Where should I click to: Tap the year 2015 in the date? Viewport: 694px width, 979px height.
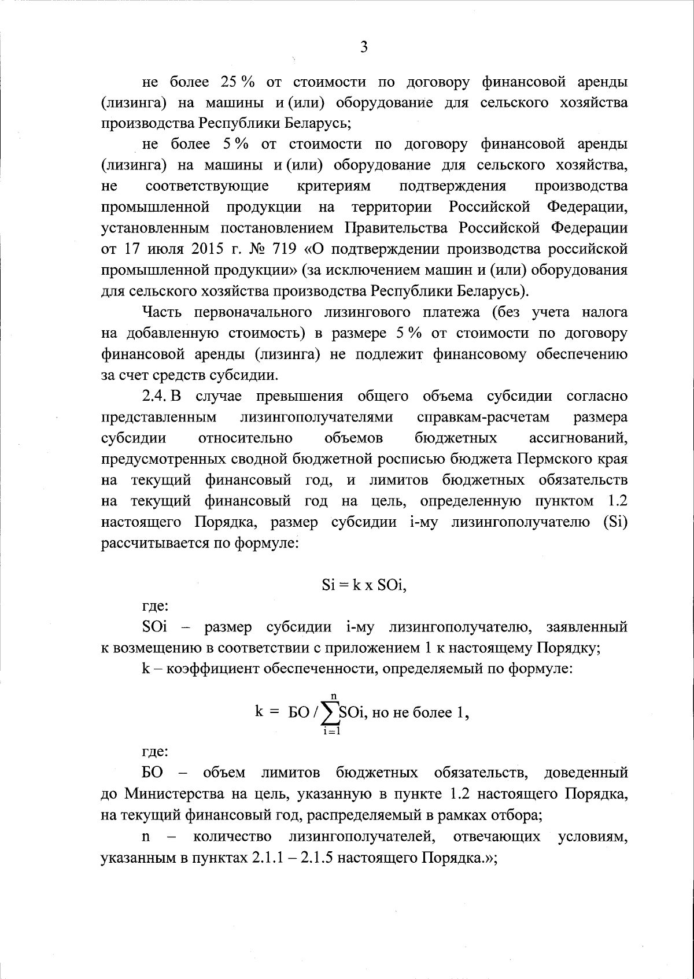click(x=202, y=249)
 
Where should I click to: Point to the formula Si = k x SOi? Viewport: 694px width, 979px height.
click(x=364, y=585)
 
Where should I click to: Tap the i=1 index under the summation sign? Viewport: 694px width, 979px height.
click(x=331, y=732)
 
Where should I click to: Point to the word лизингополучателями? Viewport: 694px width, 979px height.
click(x=317, y=418)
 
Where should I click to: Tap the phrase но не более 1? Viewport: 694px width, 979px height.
click(x=418, y=713)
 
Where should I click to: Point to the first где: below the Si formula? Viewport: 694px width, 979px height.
click(x=155, y=606)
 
